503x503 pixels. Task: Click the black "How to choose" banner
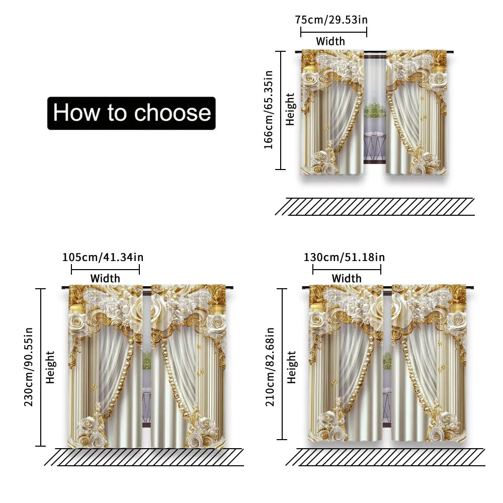click(131, 113)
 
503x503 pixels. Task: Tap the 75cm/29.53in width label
click(331, 20)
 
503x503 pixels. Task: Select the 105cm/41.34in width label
click(103, 257)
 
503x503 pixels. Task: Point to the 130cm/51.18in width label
click(344, 257)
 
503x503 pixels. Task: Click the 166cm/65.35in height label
click(268, 110)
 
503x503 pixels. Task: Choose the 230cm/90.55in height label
click(29, 367)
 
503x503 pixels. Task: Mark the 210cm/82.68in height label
click(270, 367)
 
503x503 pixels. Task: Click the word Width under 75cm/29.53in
click(330, 41)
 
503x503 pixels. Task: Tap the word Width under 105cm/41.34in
click(105, 279)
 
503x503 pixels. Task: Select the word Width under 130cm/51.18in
click(347, 279)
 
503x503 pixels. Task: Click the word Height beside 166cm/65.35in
click(290, 109)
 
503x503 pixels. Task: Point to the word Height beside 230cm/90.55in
click(50, 367)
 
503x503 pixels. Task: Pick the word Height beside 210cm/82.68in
click(291, 367)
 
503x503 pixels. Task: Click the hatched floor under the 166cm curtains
click(375, 207)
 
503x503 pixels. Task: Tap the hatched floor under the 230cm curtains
click(144, 457)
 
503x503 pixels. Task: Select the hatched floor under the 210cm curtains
click(385, 457)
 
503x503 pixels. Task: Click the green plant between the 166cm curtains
click(375, 109)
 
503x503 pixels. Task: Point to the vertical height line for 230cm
click(40, 367)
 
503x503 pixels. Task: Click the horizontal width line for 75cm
click(333, 32)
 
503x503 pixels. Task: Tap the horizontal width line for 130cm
click(347, 270)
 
